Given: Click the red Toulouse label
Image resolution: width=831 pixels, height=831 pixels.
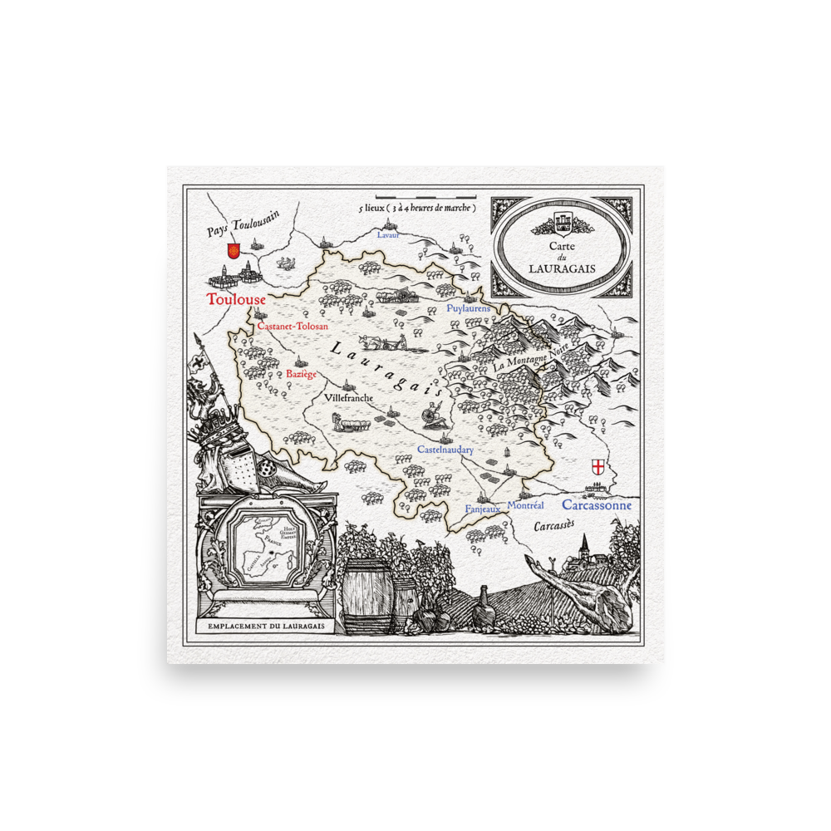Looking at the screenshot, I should click(236, 299).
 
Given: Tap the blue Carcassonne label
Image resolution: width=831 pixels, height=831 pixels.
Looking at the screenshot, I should click(596, 504).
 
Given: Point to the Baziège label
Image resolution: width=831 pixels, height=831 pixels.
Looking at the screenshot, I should click(301, 375).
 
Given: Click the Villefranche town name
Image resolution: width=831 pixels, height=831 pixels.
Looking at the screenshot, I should click(349, 398).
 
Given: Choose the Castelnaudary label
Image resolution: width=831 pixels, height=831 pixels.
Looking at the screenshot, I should click(445, 450).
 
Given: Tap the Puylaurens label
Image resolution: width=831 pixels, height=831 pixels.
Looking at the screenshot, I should click(469, 308).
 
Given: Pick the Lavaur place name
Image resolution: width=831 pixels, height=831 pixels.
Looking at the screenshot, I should click(388, 235).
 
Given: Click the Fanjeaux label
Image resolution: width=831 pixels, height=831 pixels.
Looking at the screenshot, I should click(483, 509).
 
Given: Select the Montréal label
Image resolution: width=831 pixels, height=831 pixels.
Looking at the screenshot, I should click(525, 505).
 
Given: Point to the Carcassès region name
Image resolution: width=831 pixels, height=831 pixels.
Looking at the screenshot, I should click(553, 526).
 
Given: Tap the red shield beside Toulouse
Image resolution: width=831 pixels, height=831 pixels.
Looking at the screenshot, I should click(234, 250).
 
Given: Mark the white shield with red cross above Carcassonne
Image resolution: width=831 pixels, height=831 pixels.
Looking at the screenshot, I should click(596, 465).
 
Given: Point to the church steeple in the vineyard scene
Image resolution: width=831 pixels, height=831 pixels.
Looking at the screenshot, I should click(584, 545).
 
